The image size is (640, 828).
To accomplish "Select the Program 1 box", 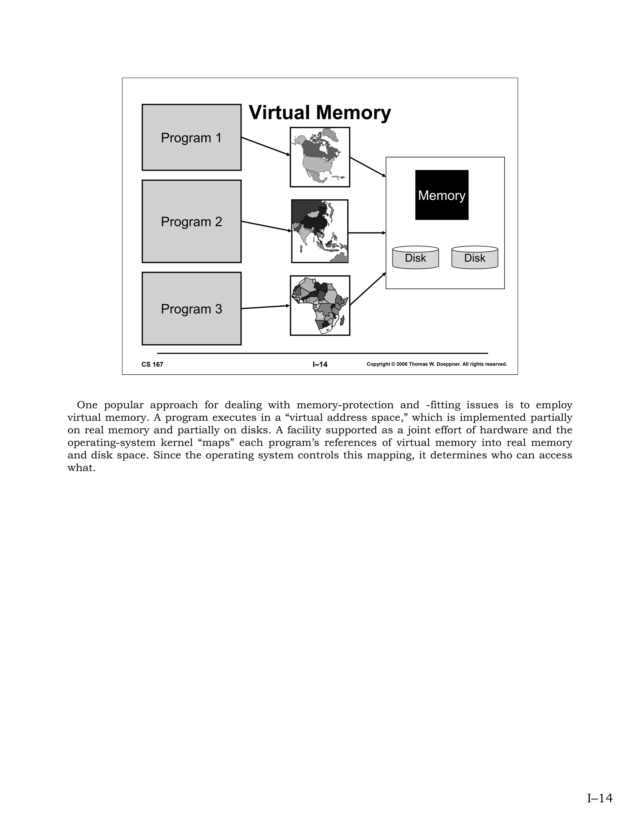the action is point(192,137).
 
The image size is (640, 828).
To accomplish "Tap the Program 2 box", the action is point(192,222).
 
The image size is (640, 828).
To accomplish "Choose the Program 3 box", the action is point(192,309).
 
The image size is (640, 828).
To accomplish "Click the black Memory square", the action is point(442,195).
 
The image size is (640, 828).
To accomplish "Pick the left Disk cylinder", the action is point(415,258).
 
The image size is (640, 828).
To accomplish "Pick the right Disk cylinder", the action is point(475,258).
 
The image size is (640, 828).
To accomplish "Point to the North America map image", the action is point(320,157).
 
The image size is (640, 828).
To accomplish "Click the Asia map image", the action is point(320,231).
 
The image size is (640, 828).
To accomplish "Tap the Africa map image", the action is point(320,306).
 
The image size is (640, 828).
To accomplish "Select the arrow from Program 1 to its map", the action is point(265,146).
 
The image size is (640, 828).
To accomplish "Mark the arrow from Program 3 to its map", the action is point(265,307).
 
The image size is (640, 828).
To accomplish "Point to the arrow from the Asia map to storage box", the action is point(367,233).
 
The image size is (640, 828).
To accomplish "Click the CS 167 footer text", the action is point(152,364).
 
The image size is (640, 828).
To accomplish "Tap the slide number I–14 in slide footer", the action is point(320,364).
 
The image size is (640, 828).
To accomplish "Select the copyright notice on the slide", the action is point(437,364).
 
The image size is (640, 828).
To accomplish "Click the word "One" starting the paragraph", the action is point(87,405).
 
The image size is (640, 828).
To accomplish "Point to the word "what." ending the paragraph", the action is point(81,468).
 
